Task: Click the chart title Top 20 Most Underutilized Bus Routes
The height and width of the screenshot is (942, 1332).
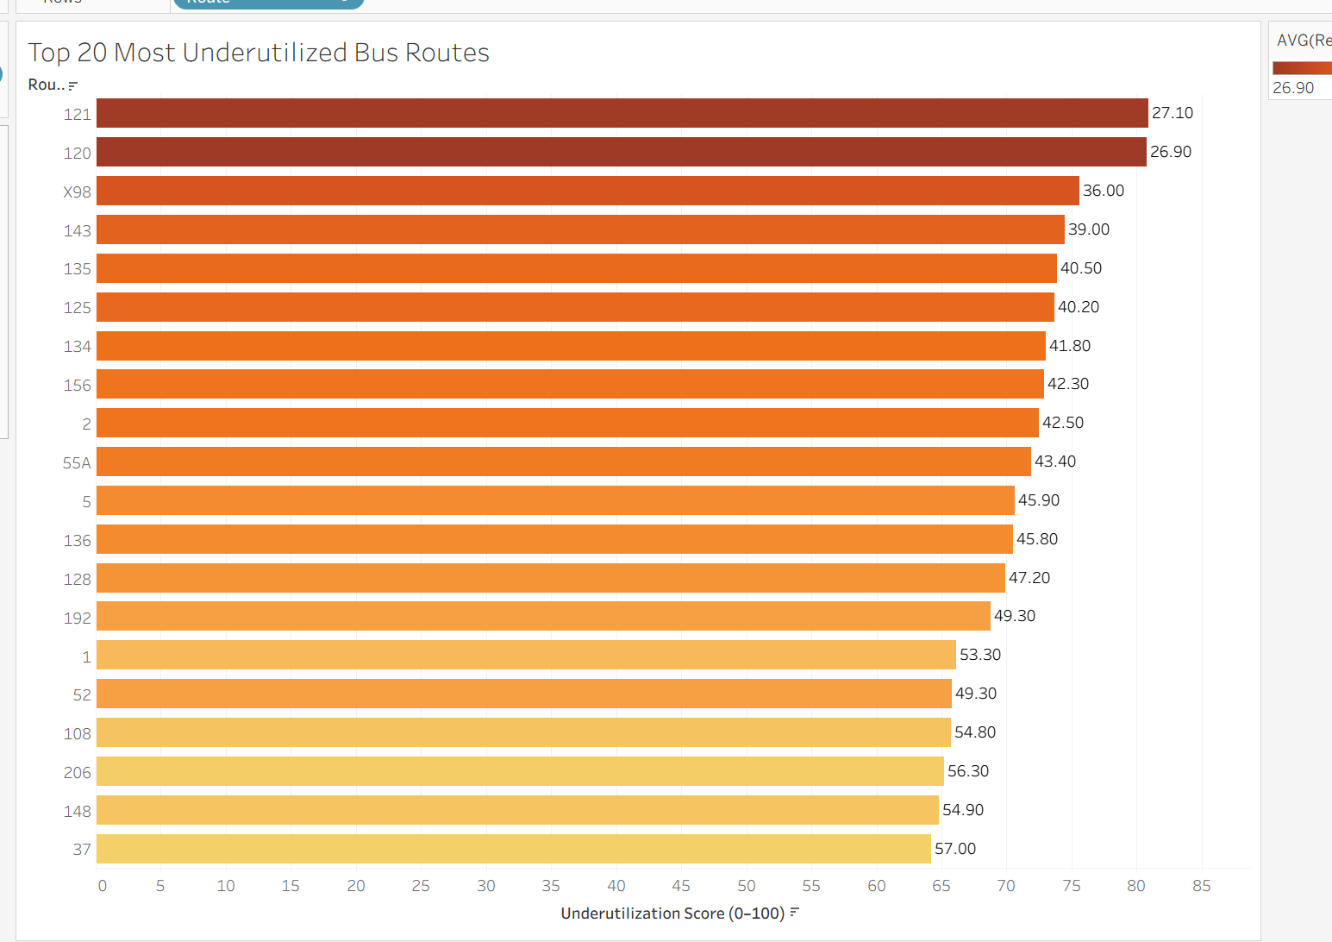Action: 259,53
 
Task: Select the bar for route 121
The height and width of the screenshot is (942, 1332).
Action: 622,113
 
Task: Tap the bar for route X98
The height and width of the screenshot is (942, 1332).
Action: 587,191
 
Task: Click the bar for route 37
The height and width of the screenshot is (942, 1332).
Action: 513,849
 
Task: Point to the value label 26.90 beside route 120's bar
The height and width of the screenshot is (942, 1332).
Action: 1170,152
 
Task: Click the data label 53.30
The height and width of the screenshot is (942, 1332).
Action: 980,655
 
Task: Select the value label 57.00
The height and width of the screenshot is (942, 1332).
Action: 955,849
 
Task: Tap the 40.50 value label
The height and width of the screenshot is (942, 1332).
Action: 1081,268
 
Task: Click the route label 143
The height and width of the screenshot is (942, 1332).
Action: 77,230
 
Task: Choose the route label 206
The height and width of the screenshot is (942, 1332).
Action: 77,772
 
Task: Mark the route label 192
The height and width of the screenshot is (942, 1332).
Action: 77,618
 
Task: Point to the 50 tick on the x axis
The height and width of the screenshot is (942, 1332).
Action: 746,886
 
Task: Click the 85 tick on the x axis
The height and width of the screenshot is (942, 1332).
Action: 1201,886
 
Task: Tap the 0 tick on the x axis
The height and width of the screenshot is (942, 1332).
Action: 103,886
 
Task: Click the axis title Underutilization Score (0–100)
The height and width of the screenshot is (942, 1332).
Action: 672,914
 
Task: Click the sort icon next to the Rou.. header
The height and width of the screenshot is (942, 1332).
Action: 73,85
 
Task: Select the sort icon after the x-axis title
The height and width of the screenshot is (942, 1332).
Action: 795,913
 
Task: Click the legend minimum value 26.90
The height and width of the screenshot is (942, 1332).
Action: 1293,88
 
